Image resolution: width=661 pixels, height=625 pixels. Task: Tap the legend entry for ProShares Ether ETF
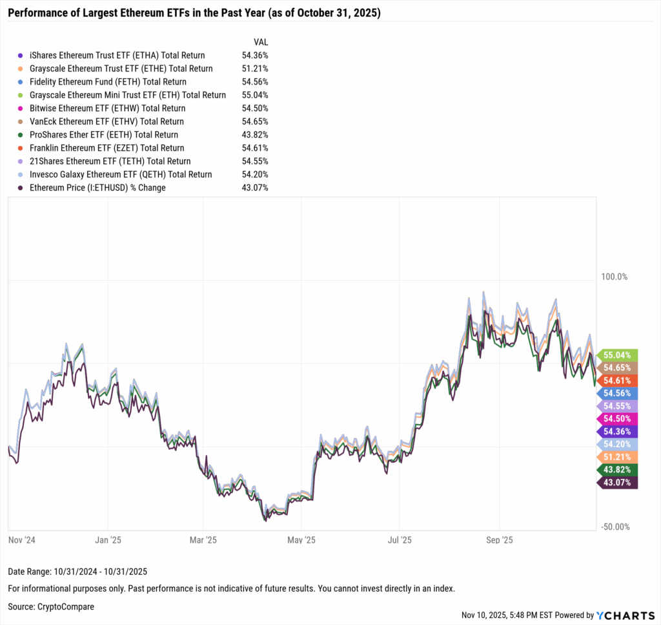[104, 135]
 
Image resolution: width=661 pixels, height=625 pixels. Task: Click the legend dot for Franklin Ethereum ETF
[21, 148]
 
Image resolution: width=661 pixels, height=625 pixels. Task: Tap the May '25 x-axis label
[301, 540]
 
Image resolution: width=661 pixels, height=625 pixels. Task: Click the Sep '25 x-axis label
[498, 540]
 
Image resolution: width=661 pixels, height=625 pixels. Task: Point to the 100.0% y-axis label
[614, 277]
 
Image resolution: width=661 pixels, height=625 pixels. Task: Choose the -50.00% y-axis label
[615, 527]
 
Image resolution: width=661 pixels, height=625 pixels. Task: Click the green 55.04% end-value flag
[619, 355]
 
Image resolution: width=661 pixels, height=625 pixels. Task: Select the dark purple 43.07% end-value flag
[619, 482]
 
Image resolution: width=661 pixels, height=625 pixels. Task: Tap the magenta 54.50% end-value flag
[619, 419]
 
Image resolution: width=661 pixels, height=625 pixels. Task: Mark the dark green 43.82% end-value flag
[619, 469]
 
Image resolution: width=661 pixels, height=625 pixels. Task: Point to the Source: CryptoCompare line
[51, 607]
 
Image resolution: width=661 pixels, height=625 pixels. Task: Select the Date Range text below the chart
[78, 571]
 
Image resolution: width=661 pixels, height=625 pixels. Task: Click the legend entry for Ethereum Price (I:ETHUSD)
[97, 188]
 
